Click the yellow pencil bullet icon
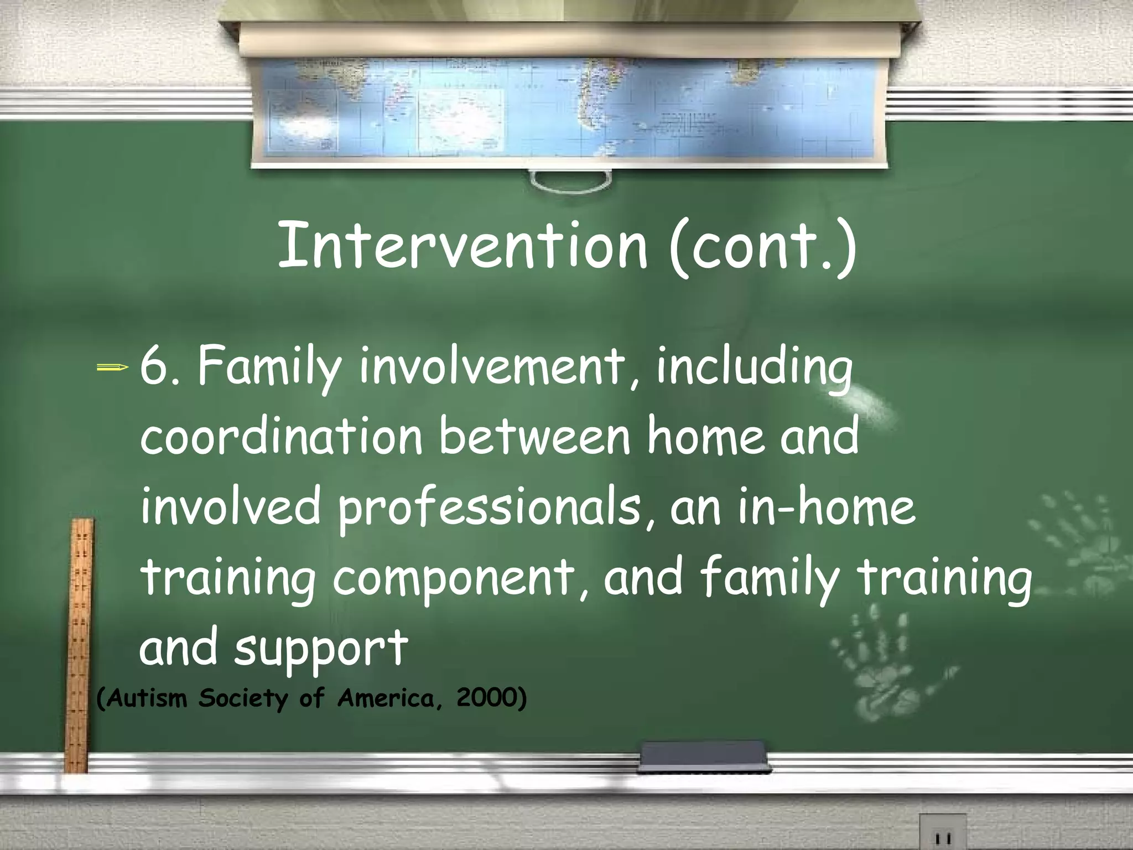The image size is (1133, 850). coord(113,367)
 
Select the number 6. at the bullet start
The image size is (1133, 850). coord(161,367)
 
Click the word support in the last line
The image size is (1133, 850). coord(321,647)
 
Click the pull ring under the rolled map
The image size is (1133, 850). coord(570,182)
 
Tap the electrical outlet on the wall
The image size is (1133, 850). coord(942,833)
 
